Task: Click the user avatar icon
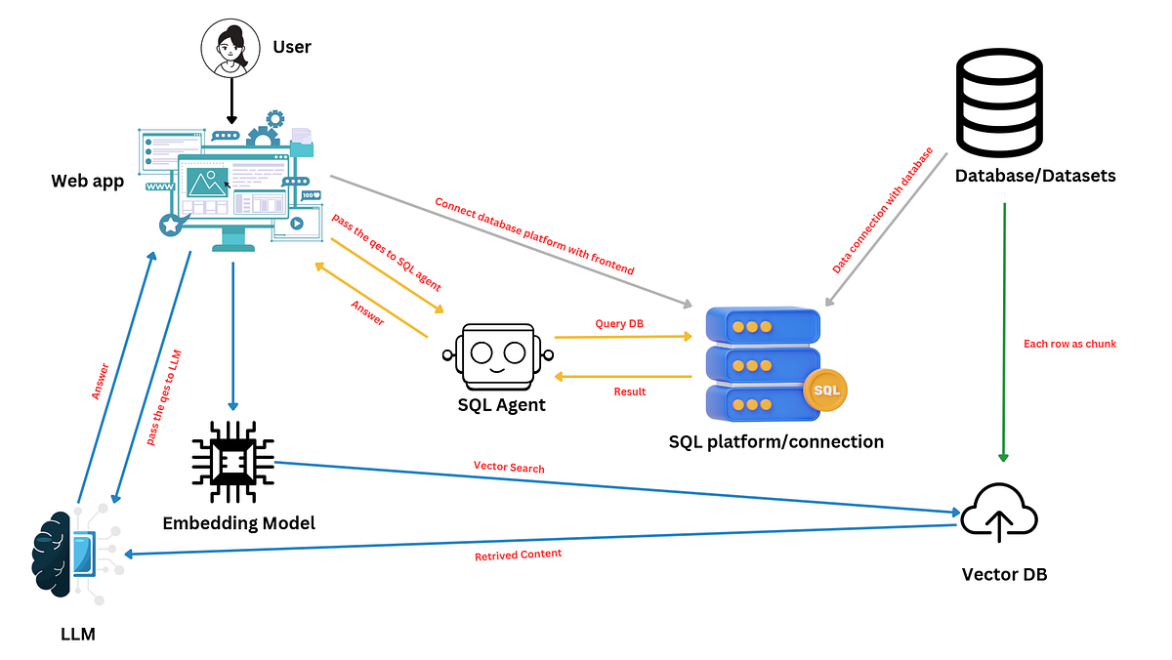pos(231,47)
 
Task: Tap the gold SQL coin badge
pos(825,391)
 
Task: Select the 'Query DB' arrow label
pos(619,323)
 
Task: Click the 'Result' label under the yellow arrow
pos(629,392)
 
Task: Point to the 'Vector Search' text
pos(509,469)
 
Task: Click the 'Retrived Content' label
pos(518,555)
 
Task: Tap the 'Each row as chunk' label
pos(1069,344)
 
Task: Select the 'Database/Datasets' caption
pos(1034,177)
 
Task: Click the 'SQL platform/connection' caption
pos(775,441)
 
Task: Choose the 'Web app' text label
pos(88,182)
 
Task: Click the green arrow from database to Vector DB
pos(1003,332)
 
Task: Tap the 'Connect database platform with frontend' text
pos(534,235)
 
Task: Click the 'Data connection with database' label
pos(883,211)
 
